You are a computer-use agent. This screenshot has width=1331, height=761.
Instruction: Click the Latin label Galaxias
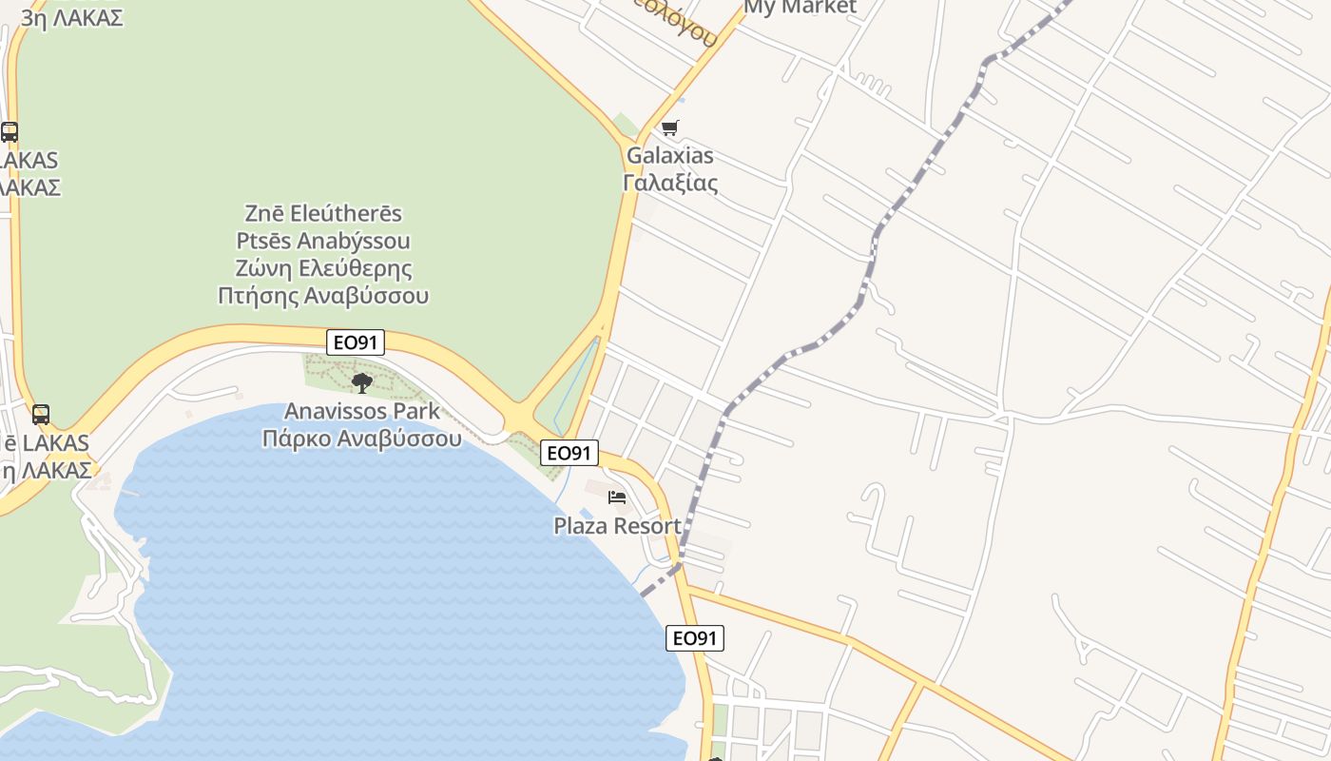tap(669, 155)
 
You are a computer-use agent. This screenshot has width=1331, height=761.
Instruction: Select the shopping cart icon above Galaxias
tap(669, 127)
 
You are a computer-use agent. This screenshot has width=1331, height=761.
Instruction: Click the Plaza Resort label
tap(617, 526)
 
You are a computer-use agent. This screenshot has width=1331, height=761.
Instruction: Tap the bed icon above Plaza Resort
tap(617, 498)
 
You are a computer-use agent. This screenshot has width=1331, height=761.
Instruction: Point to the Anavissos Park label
tap(362, 411)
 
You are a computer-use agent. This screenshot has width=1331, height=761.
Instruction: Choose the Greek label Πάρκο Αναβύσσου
tap(362, 439)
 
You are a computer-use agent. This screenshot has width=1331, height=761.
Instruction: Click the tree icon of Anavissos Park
tap(361, 382)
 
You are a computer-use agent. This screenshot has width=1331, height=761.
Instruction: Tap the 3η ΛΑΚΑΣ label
tap(72, 18)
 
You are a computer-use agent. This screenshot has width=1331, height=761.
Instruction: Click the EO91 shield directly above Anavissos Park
tap(356, 342)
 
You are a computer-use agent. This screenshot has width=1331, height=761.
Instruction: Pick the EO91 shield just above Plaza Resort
tap(569, 453)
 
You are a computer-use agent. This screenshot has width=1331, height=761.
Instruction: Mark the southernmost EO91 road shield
tap(695, 638)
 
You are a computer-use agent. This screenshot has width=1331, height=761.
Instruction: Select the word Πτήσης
tap(259, 295)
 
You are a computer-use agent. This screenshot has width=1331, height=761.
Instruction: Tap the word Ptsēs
tap(263, 241)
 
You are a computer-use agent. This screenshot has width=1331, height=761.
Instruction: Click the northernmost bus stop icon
tap(10, 132)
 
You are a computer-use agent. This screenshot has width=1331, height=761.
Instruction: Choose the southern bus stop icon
tap(40, 415)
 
